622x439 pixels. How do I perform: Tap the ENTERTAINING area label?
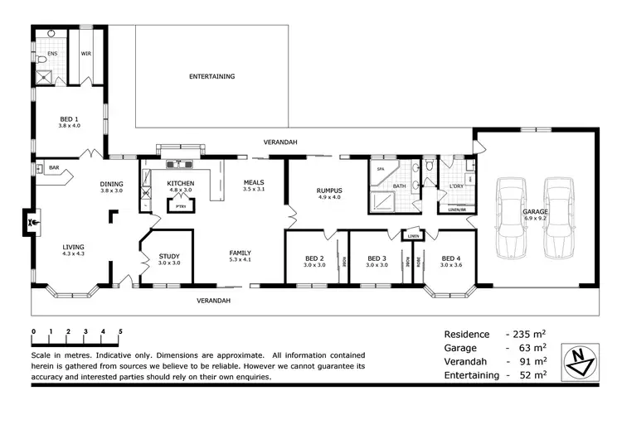(x=211, y=76)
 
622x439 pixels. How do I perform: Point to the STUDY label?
(x=169, y=257)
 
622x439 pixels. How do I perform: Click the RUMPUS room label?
(x=329, y=190)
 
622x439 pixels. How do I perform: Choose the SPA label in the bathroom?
(x=381, y=169)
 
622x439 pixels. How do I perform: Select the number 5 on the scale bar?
(x=121, y=331)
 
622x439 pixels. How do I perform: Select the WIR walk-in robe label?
(x=85, y=53)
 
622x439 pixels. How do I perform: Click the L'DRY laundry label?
(x=455, y=186)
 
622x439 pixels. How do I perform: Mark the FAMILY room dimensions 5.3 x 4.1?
(x=241, y=260)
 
